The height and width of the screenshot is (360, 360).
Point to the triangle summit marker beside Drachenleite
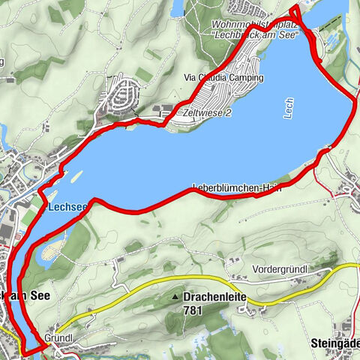[175, 298]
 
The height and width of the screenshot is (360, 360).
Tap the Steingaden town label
[334, 343]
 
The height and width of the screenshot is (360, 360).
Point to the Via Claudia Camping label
[224, 78]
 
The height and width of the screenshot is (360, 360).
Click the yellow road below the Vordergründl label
[300, 279]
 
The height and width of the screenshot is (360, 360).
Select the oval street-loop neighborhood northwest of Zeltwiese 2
[124, 95]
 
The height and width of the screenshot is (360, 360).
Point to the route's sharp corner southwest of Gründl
[25, 351]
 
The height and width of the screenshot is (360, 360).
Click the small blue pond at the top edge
[177, 7]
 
